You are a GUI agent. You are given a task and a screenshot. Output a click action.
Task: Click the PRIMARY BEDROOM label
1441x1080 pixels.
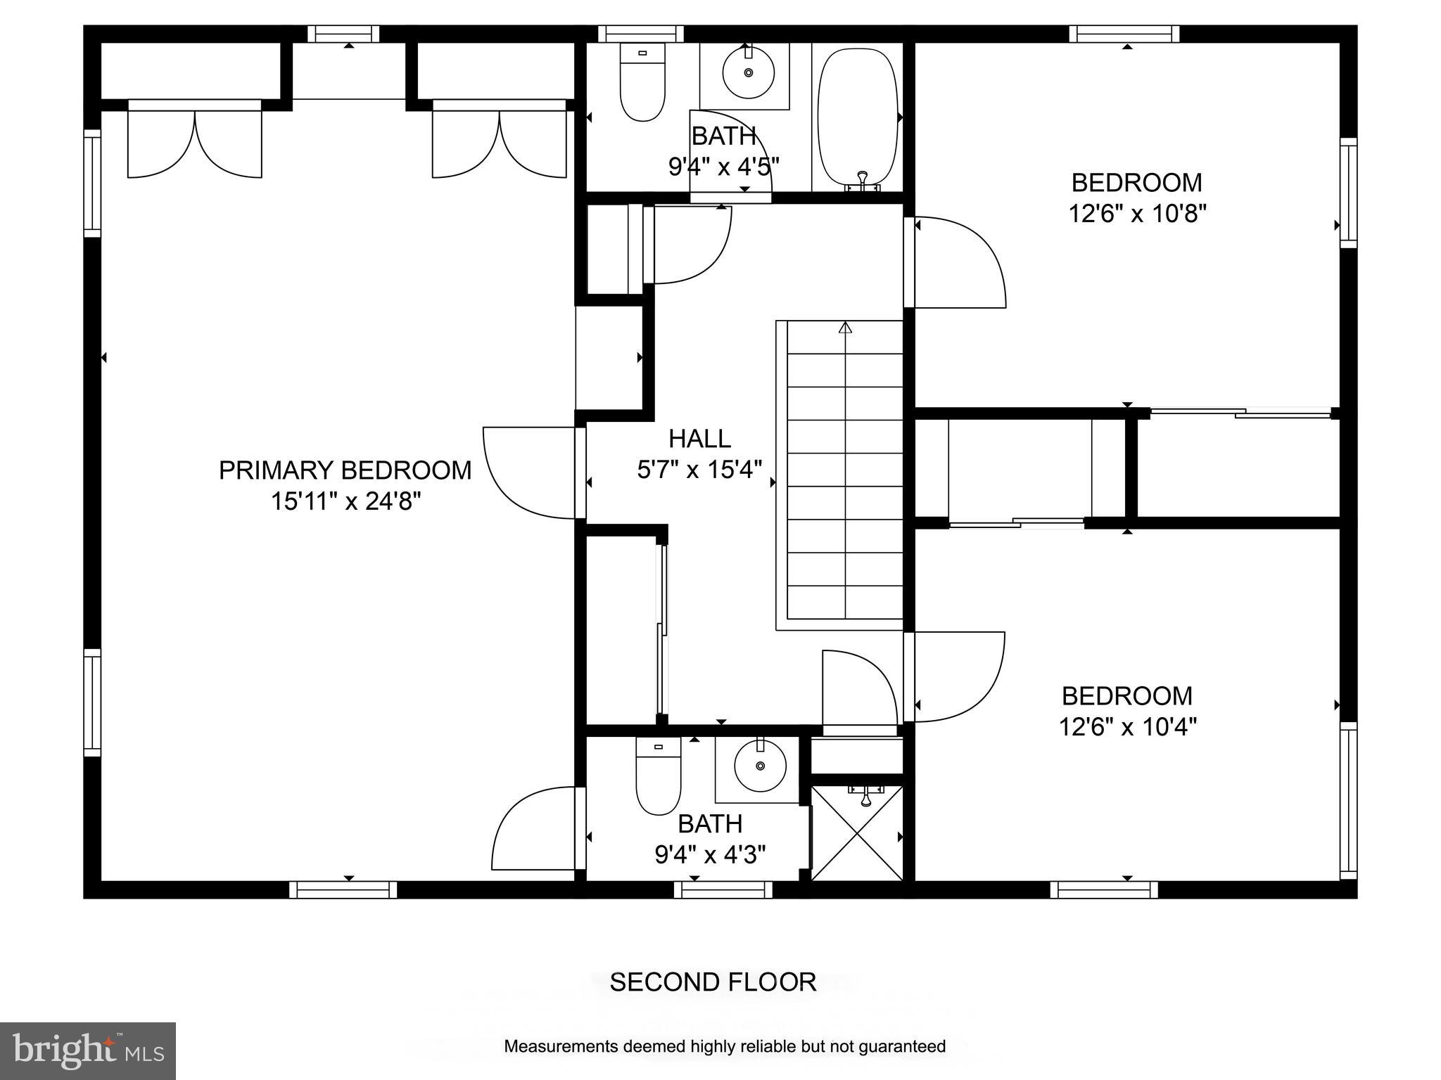pyautogui.click(x=345, y=470)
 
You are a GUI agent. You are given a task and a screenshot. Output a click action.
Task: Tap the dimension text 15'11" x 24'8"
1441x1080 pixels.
pyautogui.click(x=345, y=501)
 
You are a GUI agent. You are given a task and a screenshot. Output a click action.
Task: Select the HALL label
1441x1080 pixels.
pyautogui.click(x=699, y=439)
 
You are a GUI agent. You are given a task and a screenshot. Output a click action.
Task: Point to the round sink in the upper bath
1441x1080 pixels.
pyautogui.click(x=748, y=72)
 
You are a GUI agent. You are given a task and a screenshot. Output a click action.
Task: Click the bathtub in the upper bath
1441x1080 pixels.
pyautogui.click(x=857, y=116)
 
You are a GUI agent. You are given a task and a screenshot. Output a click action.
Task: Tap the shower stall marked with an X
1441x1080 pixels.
pyautogui.click(x=856, y=833)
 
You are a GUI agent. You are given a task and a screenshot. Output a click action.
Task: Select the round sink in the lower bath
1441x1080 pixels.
pyautogui.click(x=760, y=766)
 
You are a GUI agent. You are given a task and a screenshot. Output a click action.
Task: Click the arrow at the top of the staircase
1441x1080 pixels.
pyautogui.click(x=845, y=328)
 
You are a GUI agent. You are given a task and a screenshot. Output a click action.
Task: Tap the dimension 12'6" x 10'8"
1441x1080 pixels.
pyautogui.click(x=1137, y=213)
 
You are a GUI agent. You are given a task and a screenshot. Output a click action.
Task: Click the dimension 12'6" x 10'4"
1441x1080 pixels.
pyautogui.click(x=1127, y=726)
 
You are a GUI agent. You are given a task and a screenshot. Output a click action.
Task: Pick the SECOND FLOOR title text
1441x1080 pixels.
pyautogui.click(x=712, y=982)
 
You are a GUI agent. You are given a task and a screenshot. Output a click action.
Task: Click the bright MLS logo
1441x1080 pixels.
pyautogui.click(x=88, y=1051)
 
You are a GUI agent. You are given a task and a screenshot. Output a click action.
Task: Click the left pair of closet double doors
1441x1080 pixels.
pyautogui.click(x=195, y=139)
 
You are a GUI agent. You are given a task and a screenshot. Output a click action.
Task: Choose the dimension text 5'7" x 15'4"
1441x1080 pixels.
pyautogui.click(x=699, y=470)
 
